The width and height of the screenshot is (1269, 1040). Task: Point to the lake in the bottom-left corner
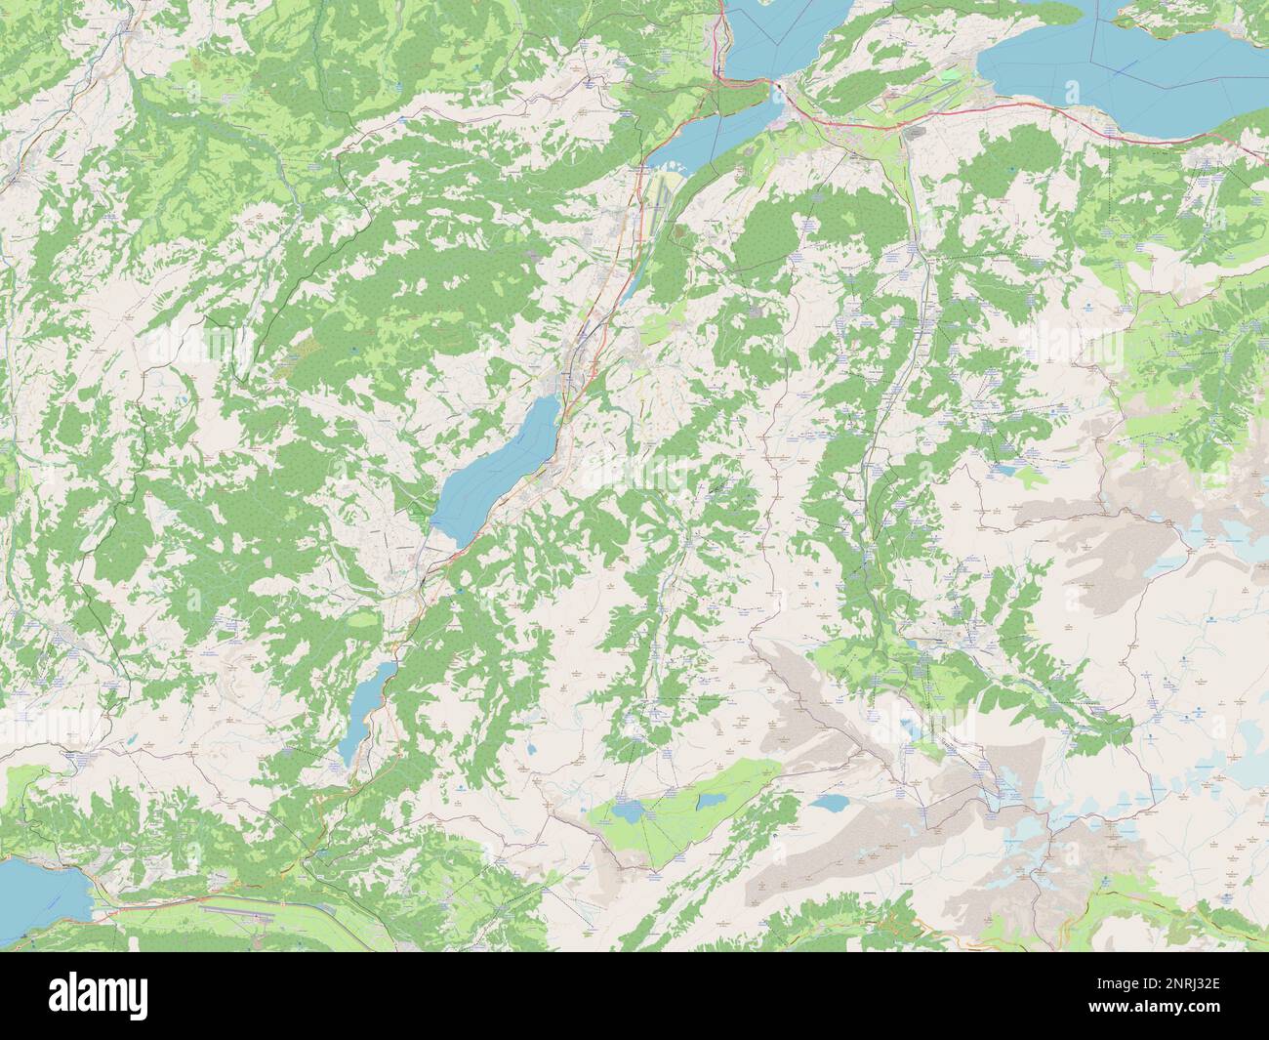(x=34, y=889)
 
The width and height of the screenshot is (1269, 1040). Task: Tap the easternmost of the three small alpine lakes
(x=830, y=803)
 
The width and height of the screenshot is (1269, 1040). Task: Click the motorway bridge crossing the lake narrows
(x=782, y=92)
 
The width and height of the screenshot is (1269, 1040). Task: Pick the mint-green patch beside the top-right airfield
(x=950, y=73)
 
